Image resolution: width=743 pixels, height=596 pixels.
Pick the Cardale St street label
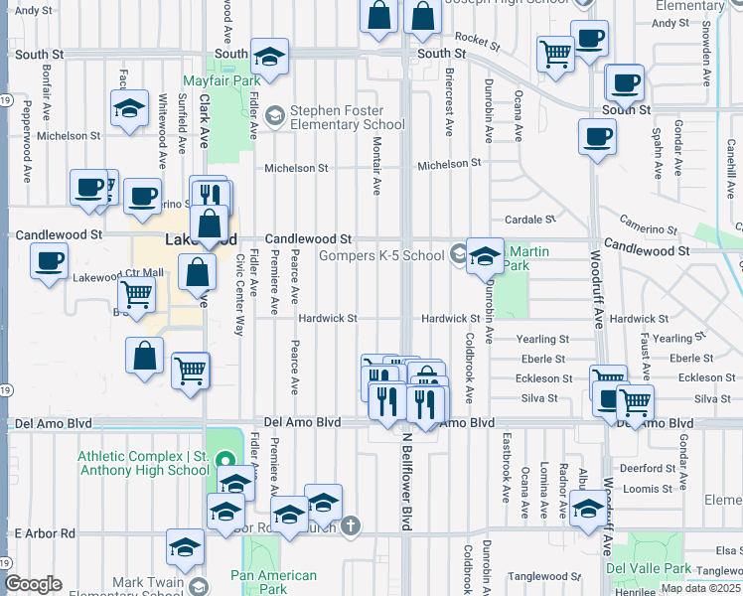click(528, 220)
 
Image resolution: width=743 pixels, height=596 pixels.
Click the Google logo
click(33, 584)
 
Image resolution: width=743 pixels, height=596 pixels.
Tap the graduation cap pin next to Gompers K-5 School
click(484, 256)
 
